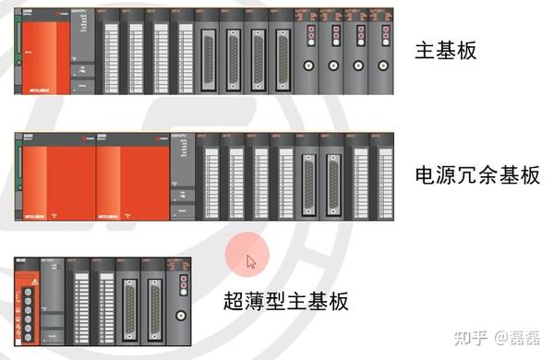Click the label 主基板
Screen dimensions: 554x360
(x=448, y=51)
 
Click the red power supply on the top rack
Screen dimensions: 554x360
(x=42, y=59)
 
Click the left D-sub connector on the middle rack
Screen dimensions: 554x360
(x=307, y=175)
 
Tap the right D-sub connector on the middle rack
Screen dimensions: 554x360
(x=332, y=175)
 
